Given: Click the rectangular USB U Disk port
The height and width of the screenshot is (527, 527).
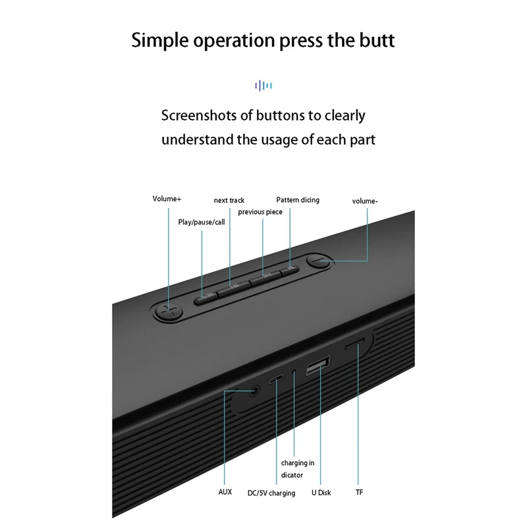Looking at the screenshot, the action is click(319, 366).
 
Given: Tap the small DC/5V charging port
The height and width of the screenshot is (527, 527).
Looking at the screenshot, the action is click(277, 379).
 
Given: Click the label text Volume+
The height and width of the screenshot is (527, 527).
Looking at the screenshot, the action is click(166, 198).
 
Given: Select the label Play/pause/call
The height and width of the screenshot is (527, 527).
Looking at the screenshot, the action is click(202, 222).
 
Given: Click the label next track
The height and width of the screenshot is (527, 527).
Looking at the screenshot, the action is click(229, 200).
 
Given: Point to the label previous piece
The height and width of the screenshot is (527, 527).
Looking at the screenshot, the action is click(260, 211).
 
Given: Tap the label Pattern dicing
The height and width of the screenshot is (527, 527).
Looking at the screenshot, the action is click(298, 200).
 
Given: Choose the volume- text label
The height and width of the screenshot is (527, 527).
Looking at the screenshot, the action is click(365, 201).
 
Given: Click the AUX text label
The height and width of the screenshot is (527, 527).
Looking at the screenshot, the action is click(225, 491).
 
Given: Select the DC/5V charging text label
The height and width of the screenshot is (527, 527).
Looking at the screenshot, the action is click(271, 493).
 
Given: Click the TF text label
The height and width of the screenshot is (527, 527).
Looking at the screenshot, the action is click(359, 492).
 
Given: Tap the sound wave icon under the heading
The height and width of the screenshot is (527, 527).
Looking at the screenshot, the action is click(263, 85).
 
